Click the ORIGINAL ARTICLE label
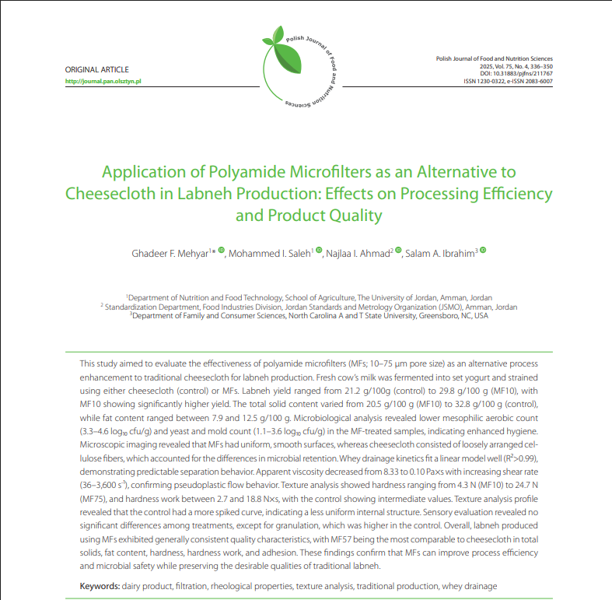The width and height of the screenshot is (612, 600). (x=97, y=70)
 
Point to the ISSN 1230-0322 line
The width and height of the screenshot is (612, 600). (x=508, y=81)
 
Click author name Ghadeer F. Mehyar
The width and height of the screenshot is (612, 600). (x=170, y=253)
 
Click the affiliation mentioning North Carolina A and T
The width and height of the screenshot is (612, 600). (x=309, y=316)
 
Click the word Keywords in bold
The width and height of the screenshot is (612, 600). (x=100, y=585)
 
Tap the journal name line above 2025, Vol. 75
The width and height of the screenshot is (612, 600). (x=494, y=58)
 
